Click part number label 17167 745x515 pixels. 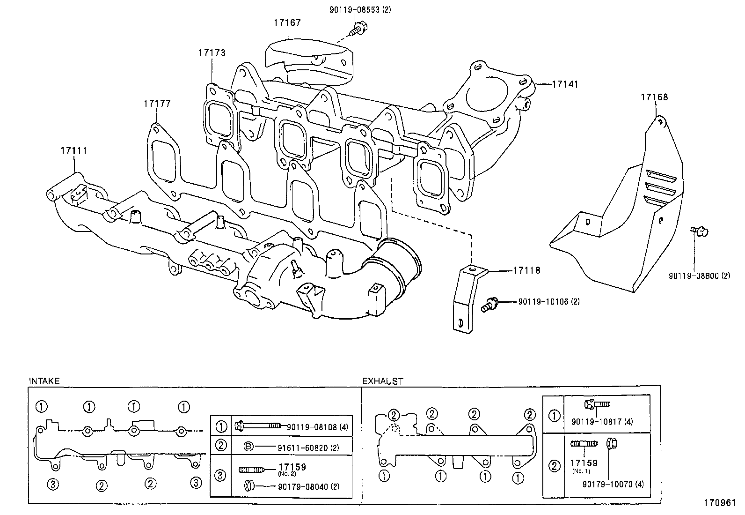[287, 22]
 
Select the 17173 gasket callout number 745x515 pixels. [212, 53]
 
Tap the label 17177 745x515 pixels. [157, 104]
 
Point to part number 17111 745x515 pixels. [73, 151]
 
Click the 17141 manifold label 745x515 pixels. [565, 84]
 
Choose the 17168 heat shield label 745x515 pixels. [654, 97]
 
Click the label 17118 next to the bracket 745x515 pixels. [526, 270]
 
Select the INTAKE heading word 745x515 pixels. [44, 381]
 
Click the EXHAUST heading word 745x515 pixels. [382, 381]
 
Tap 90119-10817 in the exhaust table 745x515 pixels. [597, 422]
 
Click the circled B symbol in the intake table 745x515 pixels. [249, 447]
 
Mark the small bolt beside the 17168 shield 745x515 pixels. [700, 231]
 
